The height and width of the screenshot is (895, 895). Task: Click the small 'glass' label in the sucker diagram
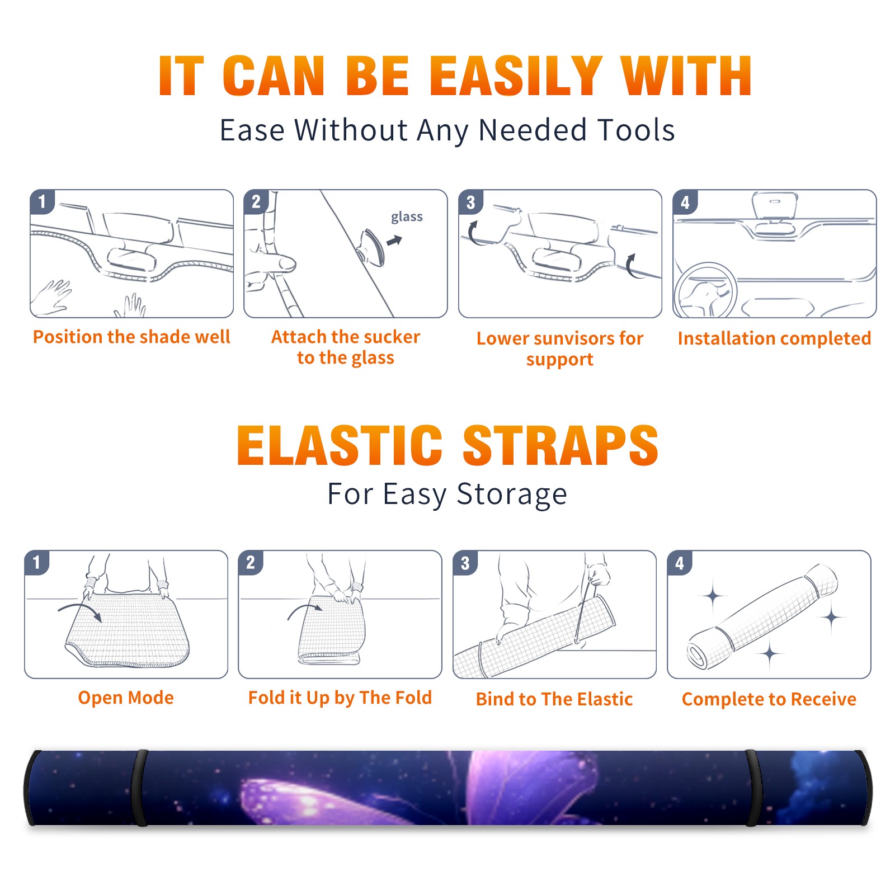407,217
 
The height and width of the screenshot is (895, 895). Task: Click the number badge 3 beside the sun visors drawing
470,202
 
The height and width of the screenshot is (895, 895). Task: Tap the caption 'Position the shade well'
131,337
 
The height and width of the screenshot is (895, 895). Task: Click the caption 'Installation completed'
774,338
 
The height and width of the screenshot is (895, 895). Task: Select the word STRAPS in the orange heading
560,445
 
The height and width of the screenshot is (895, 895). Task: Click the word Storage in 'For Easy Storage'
512,494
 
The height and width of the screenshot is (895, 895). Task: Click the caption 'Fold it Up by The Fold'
340,698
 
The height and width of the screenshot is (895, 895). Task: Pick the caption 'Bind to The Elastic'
554,699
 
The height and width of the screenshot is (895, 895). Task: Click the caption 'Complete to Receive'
769,699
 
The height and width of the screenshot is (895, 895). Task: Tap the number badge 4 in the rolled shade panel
680,563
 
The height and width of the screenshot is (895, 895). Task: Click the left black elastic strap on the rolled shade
139,788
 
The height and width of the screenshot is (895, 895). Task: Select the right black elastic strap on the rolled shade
753,788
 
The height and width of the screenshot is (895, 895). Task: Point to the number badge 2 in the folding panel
251,563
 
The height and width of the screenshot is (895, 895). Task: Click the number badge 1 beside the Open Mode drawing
37,563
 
